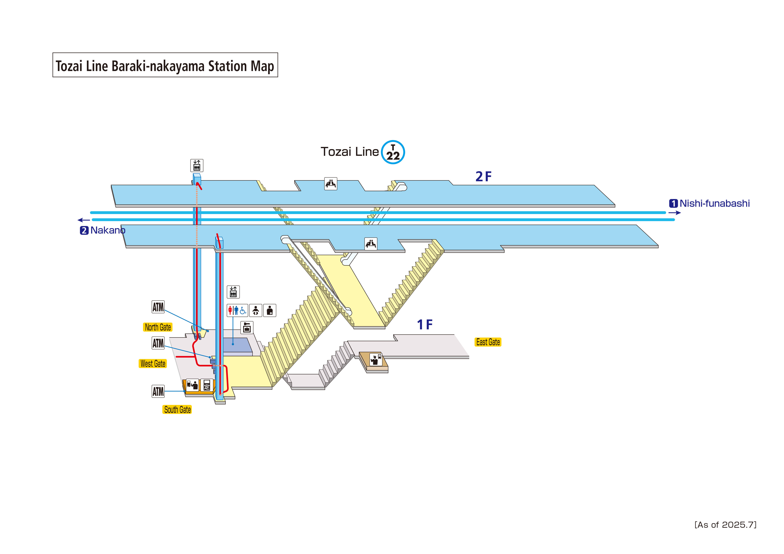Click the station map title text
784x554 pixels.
[x=165, y=66]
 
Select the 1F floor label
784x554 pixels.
[x=424, y=325]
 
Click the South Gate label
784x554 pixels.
[x=177, y=410]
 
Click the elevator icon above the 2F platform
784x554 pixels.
[x=197, y=166]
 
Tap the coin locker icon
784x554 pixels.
[x=247, y=327]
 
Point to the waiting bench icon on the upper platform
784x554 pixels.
[x=331, y=184]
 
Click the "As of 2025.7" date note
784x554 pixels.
[x=725, y=525]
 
